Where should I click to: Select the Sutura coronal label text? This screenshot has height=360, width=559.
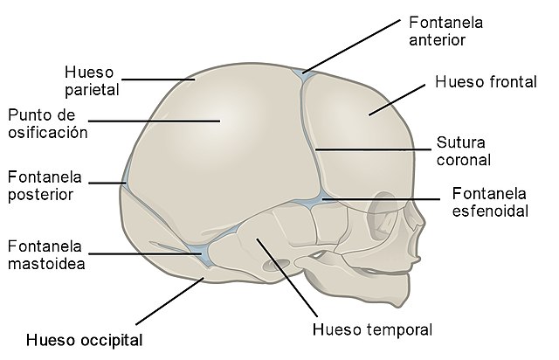[462, 151]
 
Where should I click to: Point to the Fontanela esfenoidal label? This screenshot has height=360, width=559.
[489, 202]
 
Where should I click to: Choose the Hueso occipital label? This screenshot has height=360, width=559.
[84, 339]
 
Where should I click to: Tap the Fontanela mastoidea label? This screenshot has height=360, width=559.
[45, 253]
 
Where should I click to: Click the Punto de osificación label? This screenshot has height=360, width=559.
[47, 124]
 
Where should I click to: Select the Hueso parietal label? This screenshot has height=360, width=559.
[92, 79]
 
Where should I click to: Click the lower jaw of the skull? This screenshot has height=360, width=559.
[349, 284]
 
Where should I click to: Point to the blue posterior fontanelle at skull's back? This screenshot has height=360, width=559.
[126, 178]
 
